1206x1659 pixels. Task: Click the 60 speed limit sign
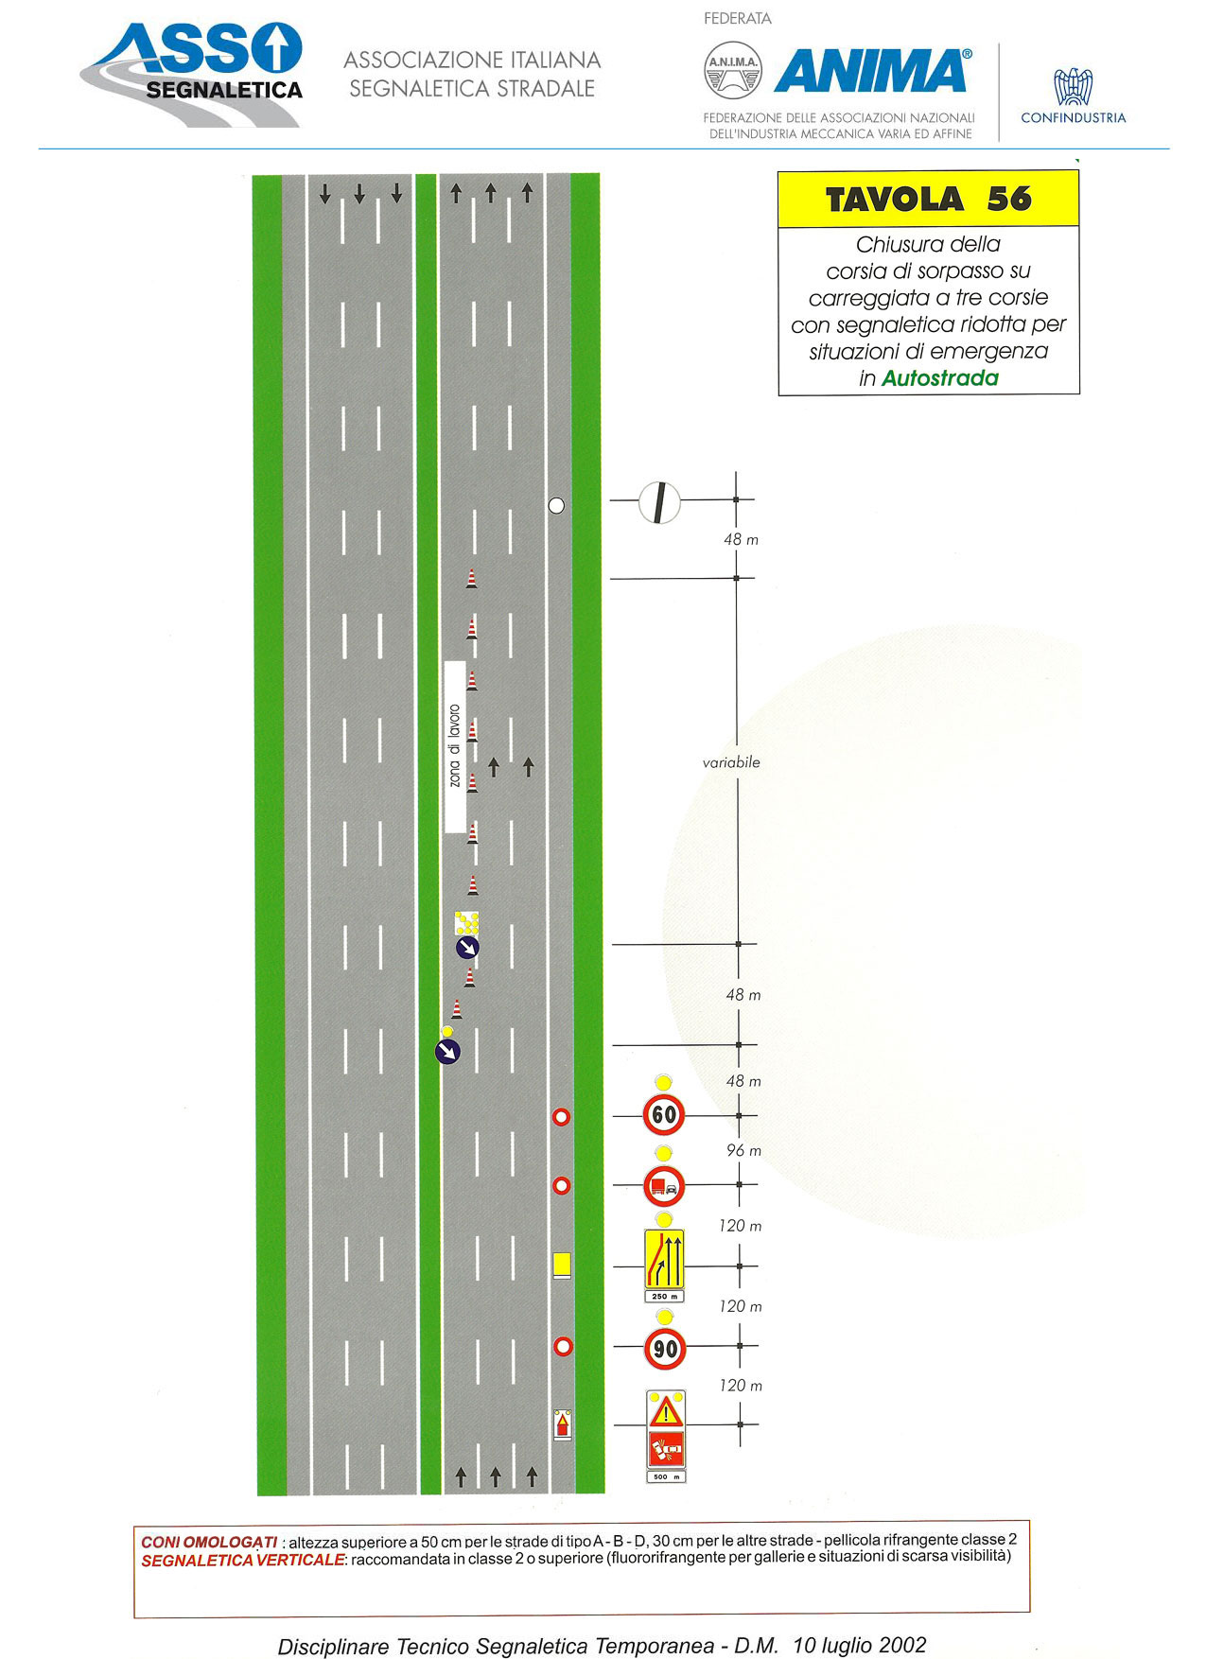coord(664,1114)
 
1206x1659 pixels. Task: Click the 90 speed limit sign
coord(665,1348)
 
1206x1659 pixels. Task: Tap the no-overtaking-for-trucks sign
coord(664,1185)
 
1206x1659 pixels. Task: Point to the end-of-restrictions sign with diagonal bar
coord(659,502)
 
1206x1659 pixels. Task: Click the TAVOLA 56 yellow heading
coord(928,199)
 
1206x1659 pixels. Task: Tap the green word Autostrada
coord(939,378)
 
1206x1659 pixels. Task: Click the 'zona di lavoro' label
coord(455,746)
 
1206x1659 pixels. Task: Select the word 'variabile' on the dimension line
coord(731,762)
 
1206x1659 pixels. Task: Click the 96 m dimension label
coord(743,1150)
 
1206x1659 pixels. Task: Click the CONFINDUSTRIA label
coord(1074,118)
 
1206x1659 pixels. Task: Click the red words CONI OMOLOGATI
coord(209,1543)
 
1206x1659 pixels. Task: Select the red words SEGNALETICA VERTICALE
coord(243,1561)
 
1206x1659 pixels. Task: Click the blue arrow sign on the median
coord(447,1051)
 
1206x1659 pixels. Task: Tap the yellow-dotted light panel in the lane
coord(466,922)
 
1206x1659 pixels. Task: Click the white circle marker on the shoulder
coord(556,505)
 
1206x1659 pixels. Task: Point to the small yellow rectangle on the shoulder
coord(562,1265)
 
